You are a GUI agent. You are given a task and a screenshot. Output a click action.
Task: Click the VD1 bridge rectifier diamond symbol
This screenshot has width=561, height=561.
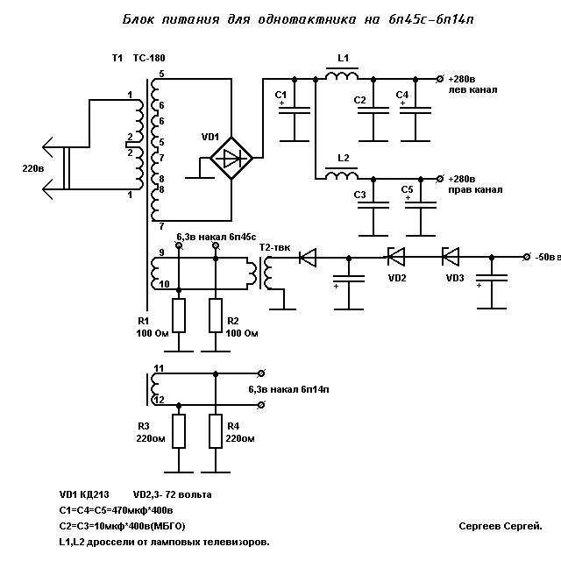231,158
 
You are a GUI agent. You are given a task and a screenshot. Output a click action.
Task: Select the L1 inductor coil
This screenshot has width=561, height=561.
342,75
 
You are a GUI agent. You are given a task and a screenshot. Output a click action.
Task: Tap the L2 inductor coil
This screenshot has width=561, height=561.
342,175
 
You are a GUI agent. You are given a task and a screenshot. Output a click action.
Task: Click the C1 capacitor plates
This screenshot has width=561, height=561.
295,110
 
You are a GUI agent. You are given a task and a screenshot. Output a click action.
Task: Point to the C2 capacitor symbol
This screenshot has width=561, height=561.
373,110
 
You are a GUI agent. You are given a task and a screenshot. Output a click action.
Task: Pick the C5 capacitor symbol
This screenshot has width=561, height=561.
421,205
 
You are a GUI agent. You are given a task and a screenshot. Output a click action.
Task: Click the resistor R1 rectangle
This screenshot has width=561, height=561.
179,316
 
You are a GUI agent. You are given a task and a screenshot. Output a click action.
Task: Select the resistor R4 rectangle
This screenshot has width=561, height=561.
216,431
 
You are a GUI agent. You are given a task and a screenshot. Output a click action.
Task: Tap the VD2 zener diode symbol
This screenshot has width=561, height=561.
396,257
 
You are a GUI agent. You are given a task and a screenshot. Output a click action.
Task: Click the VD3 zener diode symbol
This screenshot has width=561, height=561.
451,257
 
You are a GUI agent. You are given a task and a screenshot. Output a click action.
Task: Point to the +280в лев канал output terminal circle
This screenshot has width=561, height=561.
440,79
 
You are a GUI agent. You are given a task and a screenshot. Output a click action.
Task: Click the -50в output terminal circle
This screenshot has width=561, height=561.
526,257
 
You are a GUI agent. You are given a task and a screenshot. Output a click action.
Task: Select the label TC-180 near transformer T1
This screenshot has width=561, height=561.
149,58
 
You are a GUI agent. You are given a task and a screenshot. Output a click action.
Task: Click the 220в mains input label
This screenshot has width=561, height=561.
33,168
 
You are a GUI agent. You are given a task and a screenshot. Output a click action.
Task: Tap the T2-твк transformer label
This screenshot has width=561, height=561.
274,247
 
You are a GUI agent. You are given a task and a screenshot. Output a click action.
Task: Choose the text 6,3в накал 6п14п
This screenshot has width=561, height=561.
288,389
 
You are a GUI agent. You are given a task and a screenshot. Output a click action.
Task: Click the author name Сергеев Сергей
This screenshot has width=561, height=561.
501,526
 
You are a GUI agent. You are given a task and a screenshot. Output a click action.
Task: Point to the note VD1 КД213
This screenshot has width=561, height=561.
84,494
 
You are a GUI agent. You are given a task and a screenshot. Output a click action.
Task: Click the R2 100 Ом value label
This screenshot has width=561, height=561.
242,333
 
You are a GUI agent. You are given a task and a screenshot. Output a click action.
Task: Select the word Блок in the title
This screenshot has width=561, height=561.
138,19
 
